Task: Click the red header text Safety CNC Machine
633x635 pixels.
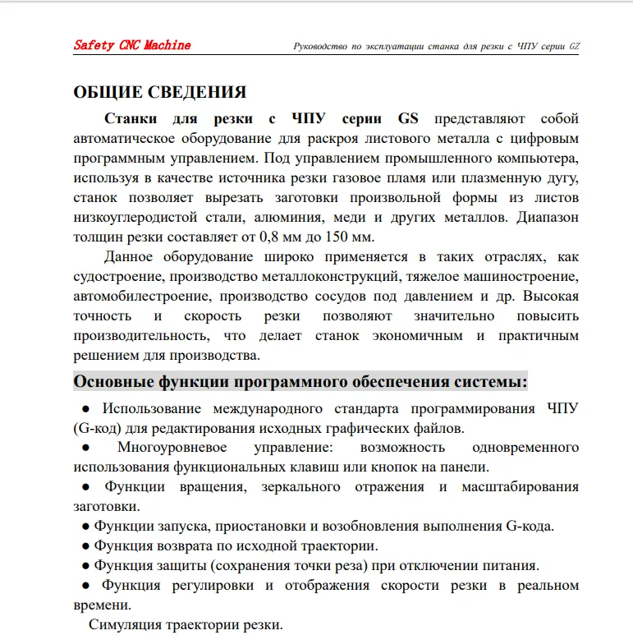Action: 132,45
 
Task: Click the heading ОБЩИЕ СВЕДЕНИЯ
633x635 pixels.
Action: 159,92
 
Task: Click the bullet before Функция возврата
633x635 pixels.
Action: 85,546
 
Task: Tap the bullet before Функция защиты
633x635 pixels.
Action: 85,566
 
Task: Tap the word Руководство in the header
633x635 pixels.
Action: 321,46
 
